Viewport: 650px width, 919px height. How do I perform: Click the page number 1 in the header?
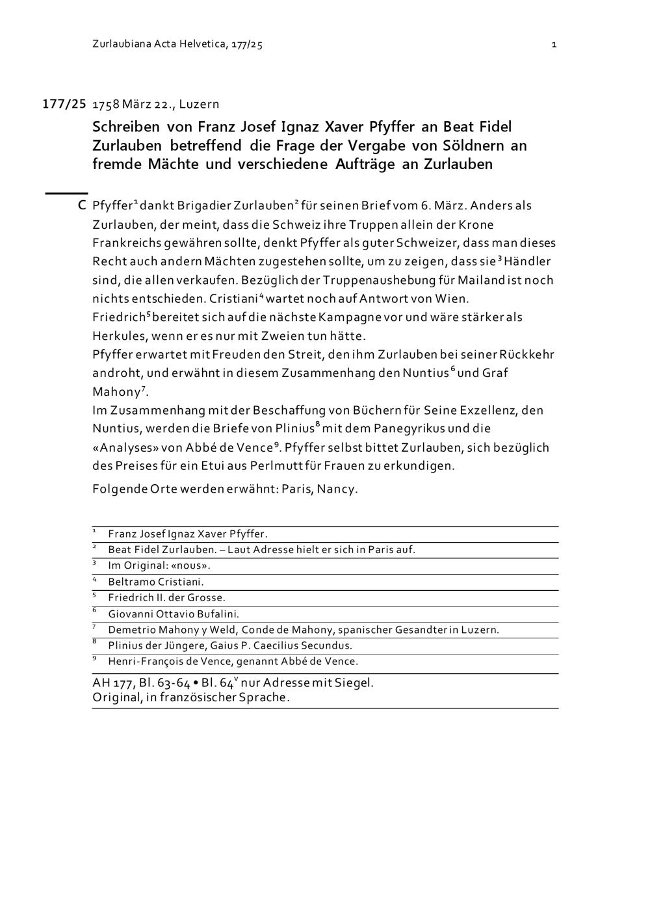pyautogui.click(x=554, y=45)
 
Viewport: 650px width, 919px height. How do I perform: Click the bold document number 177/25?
pyautogui.click(x=64, y=104)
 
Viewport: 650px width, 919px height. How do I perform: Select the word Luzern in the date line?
pyautogui.click(x=199, y=105)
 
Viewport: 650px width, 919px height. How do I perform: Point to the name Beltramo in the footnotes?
pyautogui.click(x=131, y=582)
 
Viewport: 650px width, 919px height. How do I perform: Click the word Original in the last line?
pyautogui.click(x=115, y=697)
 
